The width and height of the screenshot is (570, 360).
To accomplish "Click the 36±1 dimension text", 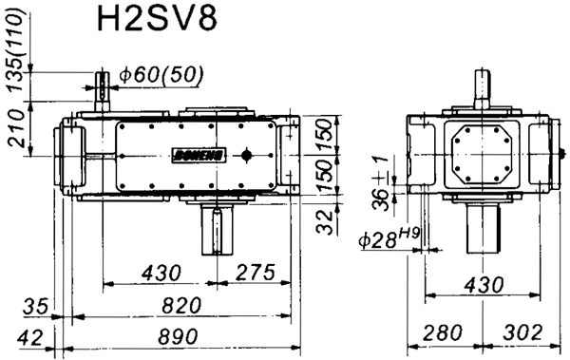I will click(x=381, y=184).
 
